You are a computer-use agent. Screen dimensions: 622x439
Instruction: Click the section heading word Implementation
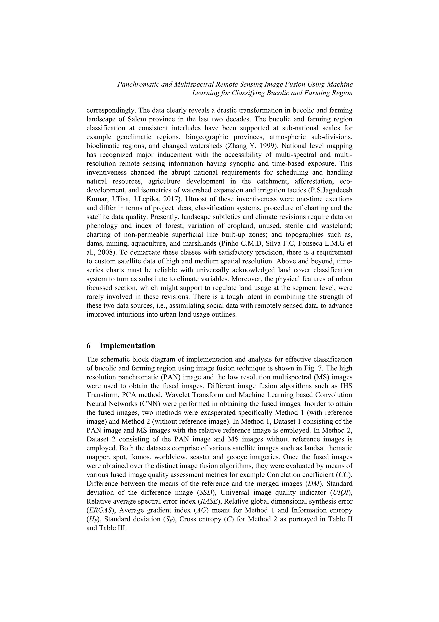127,346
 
